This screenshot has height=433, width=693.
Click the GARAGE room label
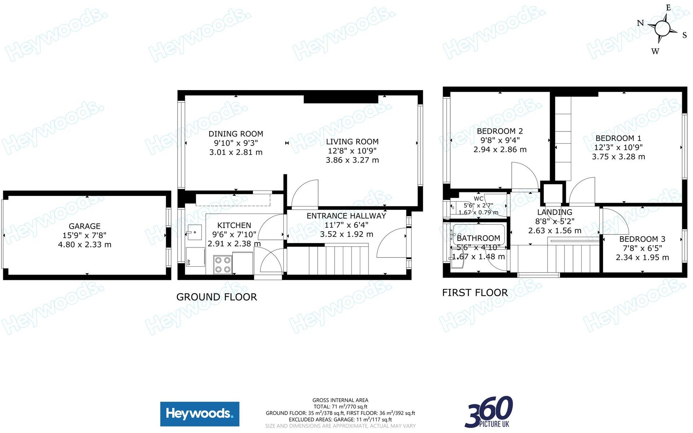pyautogui.click(x=85, y=226)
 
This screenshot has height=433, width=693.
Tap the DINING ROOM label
pyautogui.click(x=236, y=134)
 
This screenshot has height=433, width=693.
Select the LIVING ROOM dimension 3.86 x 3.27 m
pyautogui.click(x=352, y=160)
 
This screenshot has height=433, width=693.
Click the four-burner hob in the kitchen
pyautogui.click(x=223, y=265)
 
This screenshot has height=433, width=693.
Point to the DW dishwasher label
pyautogui.click(x=188, y=262)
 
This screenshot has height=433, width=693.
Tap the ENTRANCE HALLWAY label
pyautogui.click(x=346, y=216)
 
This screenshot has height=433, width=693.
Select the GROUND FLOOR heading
pyautogui.click(x=217, y=297)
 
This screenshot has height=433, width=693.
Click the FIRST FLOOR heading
pyautogui.click(x=475, y=293)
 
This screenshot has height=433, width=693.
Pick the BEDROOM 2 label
pyautogui.click(x=500, y=131)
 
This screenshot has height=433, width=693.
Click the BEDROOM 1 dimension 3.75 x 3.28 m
pyautogui.click(x=618, y=157)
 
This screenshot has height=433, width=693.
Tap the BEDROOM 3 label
pyautogui.click(x=642, y=239)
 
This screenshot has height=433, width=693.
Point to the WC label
pyautogui.click(x=479, y=198)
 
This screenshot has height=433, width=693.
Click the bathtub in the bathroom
pyautogui.click(x=479, y=235)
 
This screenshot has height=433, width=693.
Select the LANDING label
pyautogui.click(x=555, y=212)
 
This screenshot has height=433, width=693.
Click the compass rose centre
pyautogui.click(x=662, y=28)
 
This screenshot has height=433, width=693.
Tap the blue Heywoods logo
pyautogui.click(x=200, y=414)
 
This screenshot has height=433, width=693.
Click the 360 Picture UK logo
pyautogui.click(x=489, y=412)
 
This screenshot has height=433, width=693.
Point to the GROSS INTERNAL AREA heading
pyautogui.click(x=340, y=400)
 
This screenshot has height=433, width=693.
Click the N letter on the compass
pyautogui.click(x=640, y=23)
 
